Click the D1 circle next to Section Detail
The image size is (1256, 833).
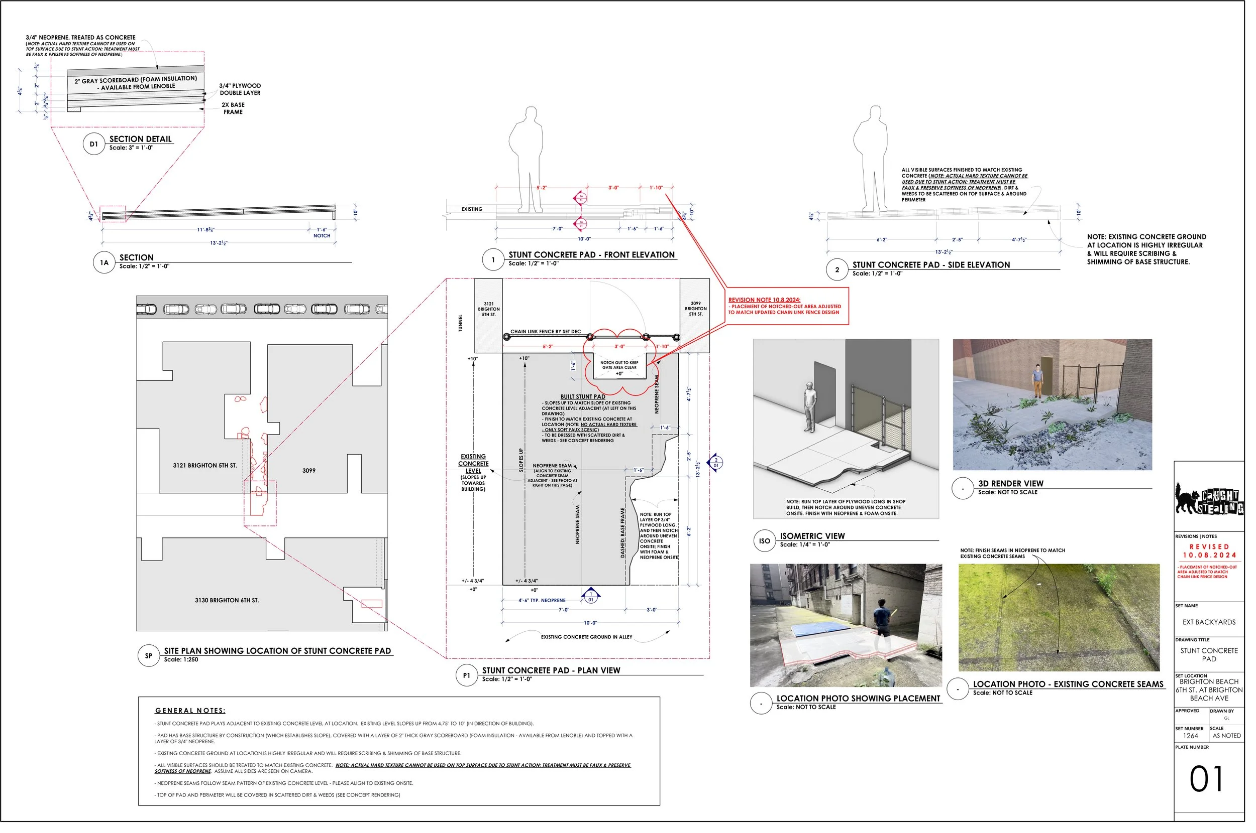pyautogui.click(x=93, y=144)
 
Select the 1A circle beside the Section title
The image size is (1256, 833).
pyautogui.click(x=104, y=262)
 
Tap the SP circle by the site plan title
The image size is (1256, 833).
pyautogui.click(x=148, y=655)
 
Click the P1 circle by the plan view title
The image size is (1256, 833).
pyautogui.click(x=466, y=675)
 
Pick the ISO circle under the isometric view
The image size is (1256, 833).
pyautogui.click(x=764, y=541)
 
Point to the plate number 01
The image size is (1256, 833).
pyautogui.click(x=1206, y=779)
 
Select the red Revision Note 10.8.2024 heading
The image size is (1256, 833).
pyautogui.click(x=764, y=300)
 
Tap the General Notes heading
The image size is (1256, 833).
pyautogui.click(x=190, y=710)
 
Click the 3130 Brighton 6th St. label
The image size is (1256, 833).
pyautogui.click(x=227, y=600)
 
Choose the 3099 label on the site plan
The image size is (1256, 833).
pyautogui.click(x=309, y=471)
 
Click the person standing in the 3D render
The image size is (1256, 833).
pyautogui.click(x=1037, y=381)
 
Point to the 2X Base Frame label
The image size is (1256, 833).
pyautogui.click(x=233, y=108)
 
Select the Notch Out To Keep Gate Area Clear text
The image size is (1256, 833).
pyautogui.click(x=619, y=365)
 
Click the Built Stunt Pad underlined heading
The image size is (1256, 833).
pyautogui.click(x=583, y=396)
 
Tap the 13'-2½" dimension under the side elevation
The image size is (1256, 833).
pyautogui.click(x=944, y=252)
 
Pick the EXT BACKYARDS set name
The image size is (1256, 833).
pyautogui.click(x=1209, y=622)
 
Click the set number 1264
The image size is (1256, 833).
pyautogui.click(x=1191, y=736)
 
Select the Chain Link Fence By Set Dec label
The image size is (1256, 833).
pyautogui.click(x=546, y=332)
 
